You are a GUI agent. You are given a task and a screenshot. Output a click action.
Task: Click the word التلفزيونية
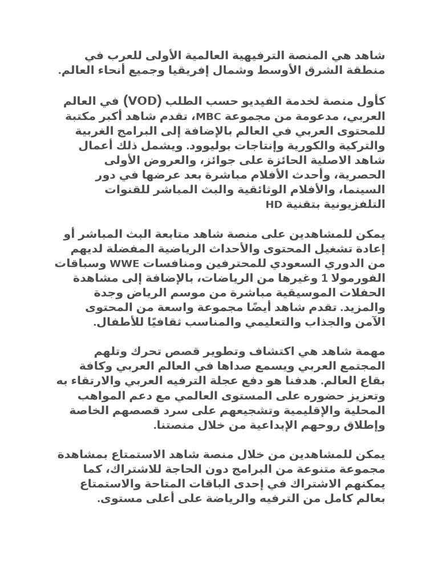(354, 204)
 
